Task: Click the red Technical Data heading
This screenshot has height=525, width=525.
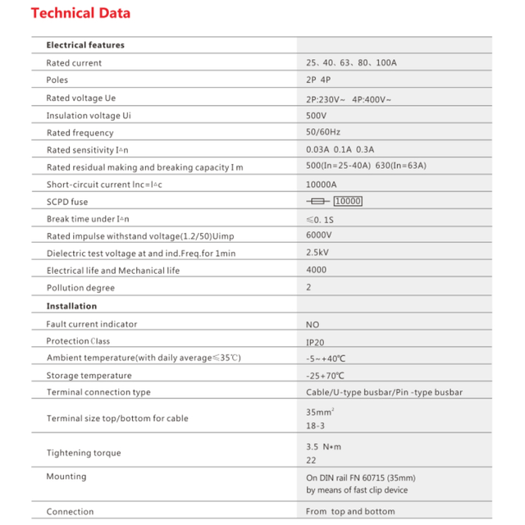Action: click(x=80, y=13)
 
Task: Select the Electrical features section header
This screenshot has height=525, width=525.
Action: click(x=85, y=45)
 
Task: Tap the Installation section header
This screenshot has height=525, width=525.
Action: click(x=71, y=306)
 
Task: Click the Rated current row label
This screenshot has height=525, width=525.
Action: click(x=74, y=63)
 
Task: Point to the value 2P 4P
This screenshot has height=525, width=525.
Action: click(x=318, y=80)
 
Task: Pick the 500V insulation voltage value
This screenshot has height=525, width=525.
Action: click(x=317, y=116)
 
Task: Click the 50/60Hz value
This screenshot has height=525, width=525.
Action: click(x=323, y=133)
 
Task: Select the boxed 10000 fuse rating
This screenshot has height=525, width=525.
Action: click(x=348, y=202)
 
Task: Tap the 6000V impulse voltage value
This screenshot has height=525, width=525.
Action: click(x=318, y=235)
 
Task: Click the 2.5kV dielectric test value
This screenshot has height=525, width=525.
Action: click(x=317, y=253)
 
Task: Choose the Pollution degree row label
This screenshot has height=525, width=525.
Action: click(x=80, y=288)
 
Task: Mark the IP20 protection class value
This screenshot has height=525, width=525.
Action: click(x=316, y=341)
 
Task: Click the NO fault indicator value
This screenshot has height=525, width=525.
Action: click(x=313, y=324)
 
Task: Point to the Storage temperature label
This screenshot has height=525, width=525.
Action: click(x=89, y=376)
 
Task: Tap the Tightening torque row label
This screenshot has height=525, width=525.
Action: click(x=84, y=453)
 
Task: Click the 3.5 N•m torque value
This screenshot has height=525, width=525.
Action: click(x=322, y=446)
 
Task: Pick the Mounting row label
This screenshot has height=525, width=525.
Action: click(x=66, y=477)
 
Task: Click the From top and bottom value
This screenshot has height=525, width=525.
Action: click(x=350, y=512)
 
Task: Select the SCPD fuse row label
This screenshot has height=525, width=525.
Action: click(x=67, y=202)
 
